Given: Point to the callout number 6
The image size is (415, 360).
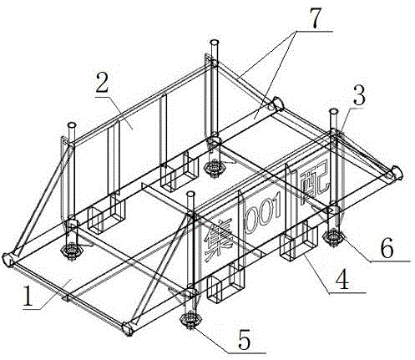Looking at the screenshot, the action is pos(387,250).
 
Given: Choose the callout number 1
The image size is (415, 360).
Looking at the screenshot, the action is pos(28,297).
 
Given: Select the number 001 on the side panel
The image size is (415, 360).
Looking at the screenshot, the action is pos(262,216).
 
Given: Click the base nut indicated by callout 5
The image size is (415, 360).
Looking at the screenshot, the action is pos(190,318).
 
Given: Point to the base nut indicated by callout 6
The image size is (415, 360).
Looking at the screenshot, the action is pos(333,236).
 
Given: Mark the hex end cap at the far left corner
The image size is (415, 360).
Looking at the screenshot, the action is pos(9,260).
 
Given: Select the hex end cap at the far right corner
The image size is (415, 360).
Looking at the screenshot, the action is pos(396,173).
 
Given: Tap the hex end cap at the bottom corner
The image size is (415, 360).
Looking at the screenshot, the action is pos(128,328).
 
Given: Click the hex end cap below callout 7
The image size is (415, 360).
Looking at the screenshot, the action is pos(277,104).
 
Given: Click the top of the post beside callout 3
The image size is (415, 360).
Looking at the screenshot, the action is pos(333,112).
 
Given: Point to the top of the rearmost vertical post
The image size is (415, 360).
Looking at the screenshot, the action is pos(215,43).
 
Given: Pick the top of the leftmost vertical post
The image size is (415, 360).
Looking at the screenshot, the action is pos(72,124).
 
